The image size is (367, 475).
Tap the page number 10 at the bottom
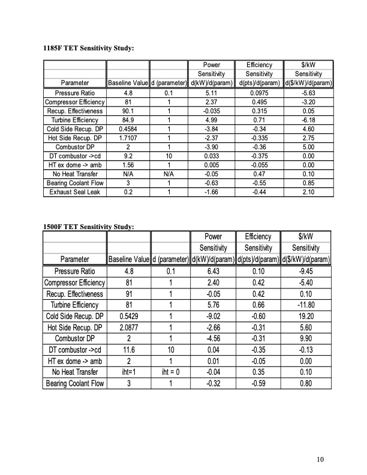click(320, 459)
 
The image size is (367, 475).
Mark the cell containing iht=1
click(127, 372)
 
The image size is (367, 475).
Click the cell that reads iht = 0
click(170, 372)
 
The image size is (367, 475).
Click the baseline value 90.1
click(127, 111)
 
